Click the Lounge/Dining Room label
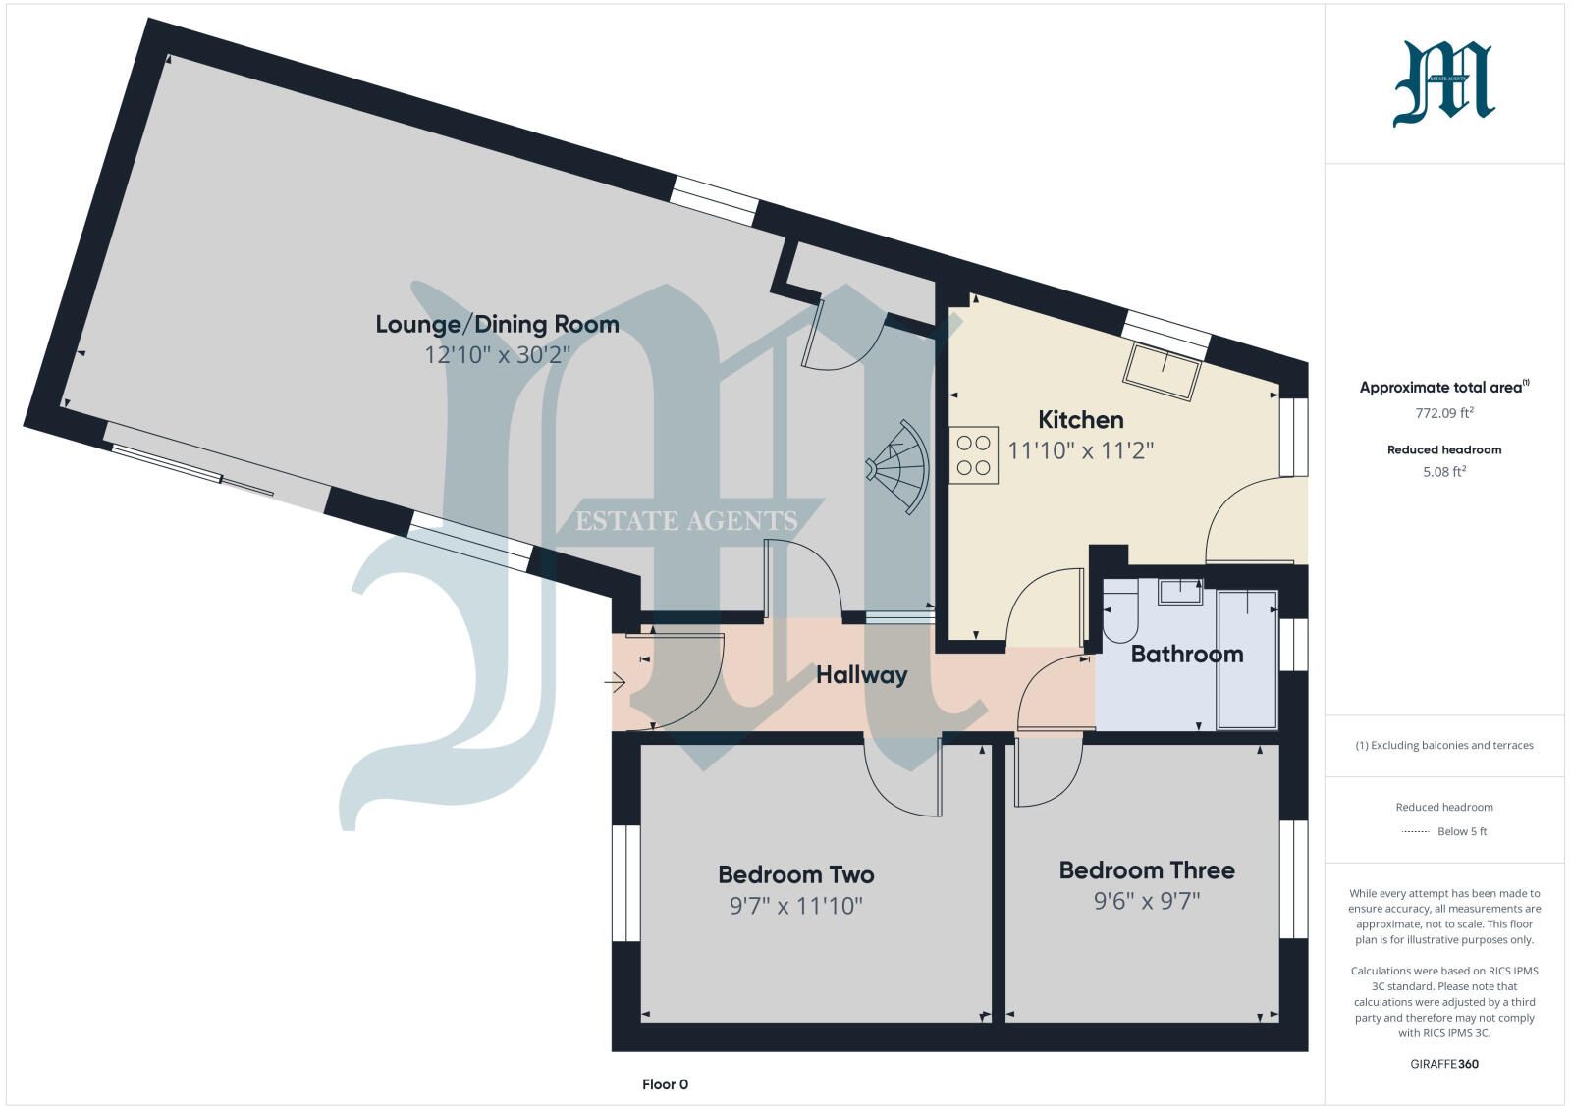tap(497, 324)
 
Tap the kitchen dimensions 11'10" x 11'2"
tap(1080, 450)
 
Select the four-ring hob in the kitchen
tap(973, 455)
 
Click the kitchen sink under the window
tap(1165, 371)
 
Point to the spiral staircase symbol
tap(897, 467)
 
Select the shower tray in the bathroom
tap(1247, 658)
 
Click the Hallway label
tap(861, 674)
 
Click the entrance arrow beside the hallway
tap(615, 681)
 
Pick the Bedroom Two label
tap(795, 874)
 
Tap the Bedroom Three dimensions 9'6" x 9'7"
tap(1147, 901)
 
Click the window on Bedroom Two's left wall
tap(625, 883)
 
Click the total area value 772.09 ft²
tap(1443, 413)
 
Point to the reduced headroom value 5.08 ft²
tap(1443, 471)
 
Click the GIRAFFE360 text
tap(1443, 1064)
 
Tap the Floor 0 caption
tap(665, 1084)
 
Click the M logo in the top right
tap(1443, 84)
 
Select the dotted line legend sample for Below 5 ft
tap(1415, 832)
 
